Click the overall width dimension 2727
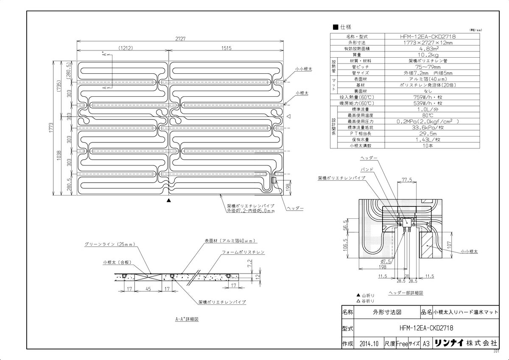point(180,38)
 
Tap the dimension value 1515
point(226,48)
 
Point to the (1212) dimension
point(126,48)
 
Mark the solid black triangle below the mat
point(169,200)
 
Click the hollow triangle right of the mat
point(289,115)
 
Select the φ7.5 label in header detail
point(386,261)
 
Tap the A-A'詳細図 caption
point(187,319)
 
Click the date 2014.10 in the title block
point(368,343)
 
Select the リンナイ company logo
point(450,343)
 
